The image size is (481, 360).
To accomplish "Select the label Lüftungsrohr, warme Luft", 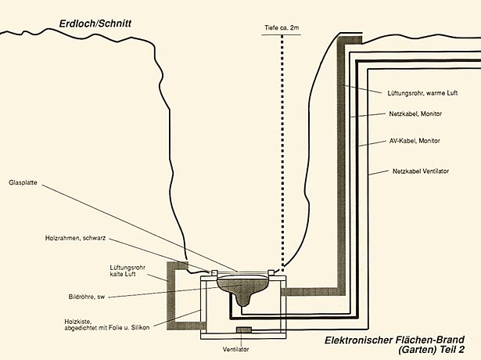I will tap(422, 92).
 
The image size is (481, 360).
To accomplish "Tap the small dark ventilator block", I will tap(245, 329).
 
